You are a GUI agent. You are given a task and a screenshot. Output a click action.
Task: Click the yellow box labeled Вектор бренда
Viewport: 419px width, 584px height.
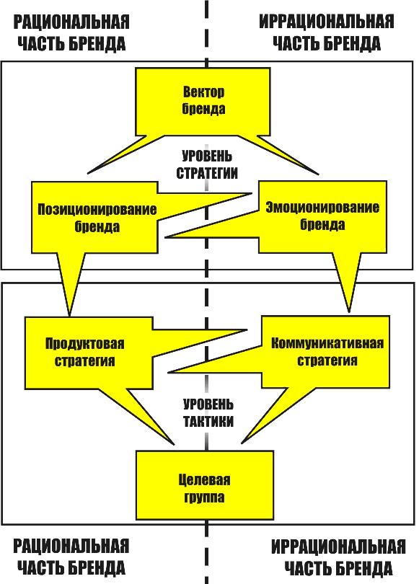tap(203, 102)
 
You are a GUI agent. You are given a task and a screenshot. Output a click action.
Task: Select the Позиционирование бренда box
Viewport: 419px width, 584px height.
tap(94, 218)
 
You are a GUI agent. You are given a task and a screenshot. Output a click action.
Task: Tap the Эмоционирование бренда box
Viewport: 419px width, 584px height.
tap(322, 217)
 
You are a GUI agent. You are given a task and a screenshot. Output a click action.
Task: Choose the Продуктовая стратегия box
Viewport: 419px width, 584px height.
tap(89, 353)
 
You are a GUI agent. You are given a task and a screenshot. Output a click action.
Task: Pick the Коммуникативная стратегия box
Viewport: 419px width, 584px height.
tap(326, 352)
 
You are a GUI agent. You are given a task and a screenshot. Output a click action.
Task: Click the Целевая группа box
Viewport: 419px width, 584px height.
tap(205, 485)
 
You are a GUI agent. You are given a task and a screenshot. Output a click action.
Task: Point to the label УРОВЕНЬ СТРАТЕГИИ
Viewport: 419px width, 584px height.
tap(207, 164)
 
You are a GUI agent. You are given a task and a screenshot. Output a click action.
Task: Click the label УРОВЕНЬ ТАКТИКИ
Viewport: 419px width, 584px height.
tap(208, 412)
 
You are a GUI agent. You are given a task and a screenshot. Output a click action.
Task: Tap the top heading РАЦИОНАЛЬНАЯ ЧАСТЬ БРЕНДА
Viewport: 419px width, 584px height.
tap(71, 32)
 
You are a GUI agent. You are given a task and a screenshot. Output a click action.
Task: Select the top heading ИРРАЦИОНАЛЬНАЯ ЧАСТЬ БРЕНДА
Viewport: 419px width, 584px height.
tap(326, 32)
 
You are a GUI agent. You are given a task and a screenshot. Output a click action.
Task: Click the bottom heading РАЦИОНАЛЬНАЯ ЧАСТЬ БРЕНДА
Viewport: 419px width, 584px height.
tap(71, 557)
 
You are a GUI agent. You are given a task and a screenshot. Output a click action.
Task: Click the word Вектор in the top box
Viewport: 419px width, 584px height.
tap(203, 92)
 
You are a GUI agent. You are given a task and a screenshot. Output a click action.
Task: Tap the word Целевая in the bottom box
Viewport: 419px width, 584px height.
tap(204, 479)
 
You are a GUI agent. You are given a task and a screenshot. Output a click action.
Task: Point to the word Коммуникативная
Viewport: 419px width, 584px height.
tap(327, 343)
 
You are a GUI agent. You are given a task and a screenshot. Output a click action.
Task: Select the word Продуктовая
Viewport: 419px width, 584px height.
tap(85, 344)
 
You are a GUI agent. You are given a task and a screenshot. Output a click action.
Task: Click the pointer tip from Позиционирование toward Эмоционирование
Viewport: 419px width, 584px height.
tap(252, 193)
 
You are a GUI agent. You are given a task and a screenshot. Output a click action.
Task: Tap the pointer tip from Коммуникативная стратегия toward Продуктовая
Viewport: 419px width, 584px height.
tap(168, 372)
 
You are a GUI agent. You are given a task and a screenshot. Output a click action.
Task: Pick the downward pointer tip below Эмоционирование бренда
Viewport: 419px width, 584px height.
tap(349, 311)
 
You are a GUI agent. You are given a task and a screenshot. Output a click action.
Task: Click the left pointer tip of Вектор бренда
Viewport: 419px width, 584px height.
tap(88, 173)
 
